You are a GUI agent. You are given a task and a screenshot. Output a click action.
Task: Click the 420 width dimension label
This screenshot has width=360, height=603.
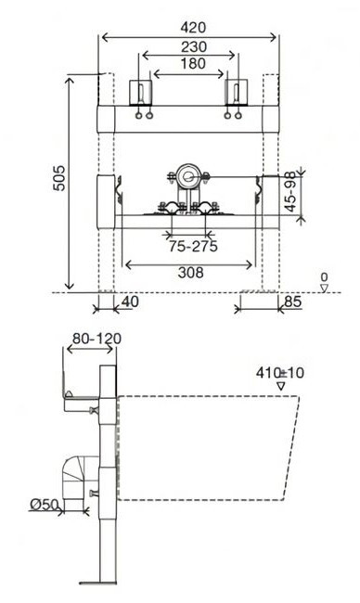click(x=193, y=28)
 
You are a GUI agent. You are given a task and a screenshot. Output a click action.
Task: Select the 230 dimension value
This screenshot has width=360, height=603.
click(x=194, y=47)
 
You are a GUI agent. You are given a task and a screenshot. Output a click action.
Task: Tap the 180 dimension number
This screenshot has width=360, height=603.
click(x=193, y=64)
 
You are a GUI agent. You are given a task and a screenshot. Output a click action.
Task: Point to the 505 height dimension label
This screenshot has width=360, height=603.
click(x=59, y=178)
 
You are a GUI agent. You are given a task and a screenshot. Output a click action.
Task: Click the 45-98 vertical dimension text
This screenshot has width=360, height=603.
click(x=291, y=191)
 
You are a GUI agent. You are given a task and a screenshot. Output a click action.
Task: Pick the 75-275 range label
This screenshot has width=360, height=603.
click(x=193, y=246)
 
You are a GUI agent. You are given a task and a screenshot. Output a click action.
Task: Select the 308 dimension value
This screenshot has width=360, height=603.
click(x=191, y=273)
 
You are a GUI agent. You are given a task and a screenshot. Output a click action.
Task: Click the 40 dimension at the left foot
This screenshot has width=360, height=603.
click(x=130, y=301)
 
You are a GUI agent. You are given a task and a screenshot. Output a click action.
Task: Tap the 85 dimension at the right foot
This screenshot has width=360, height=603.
click(x=292, y=301)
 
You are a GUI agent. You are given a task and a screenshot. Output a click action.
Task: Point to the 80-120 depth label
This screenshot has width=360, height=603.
click(x=96, y=339)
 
